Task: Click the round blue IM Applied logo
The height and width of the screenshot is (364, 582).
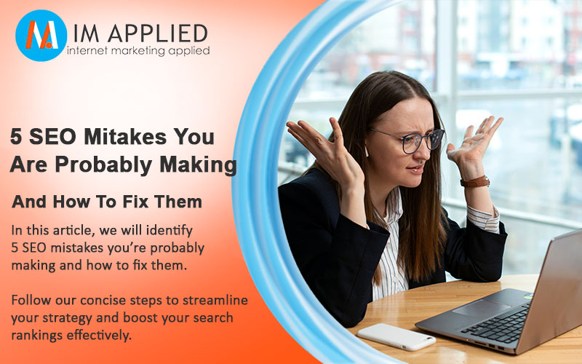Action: [x=41, y=35]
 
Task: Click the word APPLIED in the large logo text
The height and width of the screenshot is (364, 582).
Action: [x=157, y=33]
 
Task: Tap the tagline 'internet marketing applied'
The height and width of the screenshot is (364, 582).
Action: [x=138, y=51]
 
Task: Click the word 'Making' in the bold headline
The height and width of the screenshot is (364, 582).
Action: [x=198, y=165]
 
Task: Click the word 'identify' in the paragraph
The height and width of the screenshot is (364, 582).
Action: [x=170, y=231]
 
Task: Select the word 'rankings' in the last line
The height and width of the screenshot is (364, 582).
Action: [x=37, y=336]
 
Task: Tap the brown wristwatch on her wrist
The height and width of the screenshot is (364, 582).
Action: [x=475, y=181]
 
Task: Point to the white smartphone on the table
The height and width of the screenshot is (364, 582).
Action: [x=396, y=336]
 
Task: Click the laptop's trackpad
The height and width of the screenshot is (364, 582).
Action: [x=482, y=308]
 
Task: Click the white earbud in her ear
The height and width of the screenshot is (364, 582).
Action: [x=367, y=151]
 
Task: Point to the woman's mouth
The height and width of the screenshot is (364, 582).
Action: [x=415, y=170]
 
